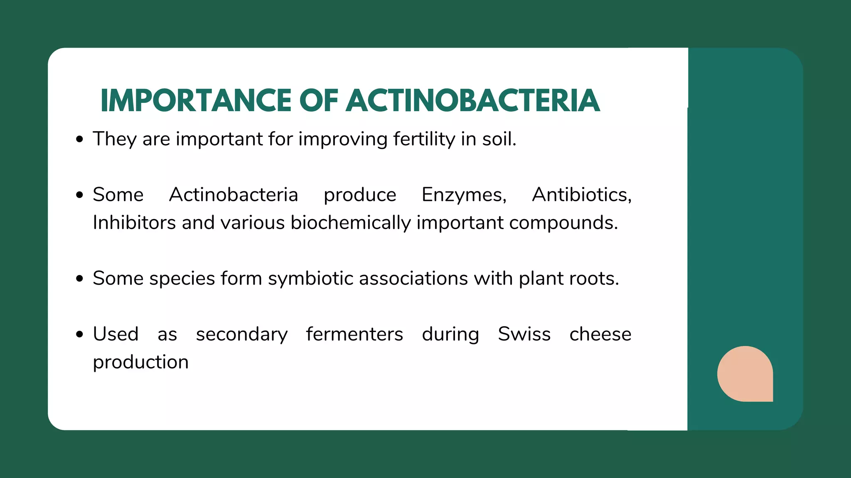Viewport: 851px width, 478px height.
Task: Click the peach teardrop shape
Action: coord(745,374)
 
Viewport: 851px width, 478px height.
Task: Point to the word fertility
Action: coord(424,139)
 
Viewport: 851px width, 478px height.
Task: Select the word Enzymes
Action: coord(464,195)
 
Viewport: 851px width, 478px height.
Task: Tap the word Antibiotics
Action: coord(581,195)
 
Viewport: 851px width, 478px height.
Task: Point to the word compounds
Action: coord(563,223)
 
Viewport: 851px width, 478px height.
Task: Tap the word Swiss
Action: coord(524,334)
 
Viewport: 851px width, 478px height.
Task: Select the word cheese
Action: coord(600,334)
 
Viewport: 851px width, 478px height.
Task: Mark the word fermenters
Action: coord(354,334)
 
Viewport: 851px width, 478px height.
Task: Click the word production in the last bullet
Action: coord(141,362)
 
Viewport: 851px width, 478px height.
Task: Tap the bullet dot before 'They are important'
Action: coord(80,139)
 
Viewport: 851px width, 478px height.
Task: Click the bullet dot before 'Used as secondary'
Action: coord(80,334)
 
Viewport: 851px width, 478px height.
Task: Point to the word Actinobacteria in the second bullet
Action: coord(234,195)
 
